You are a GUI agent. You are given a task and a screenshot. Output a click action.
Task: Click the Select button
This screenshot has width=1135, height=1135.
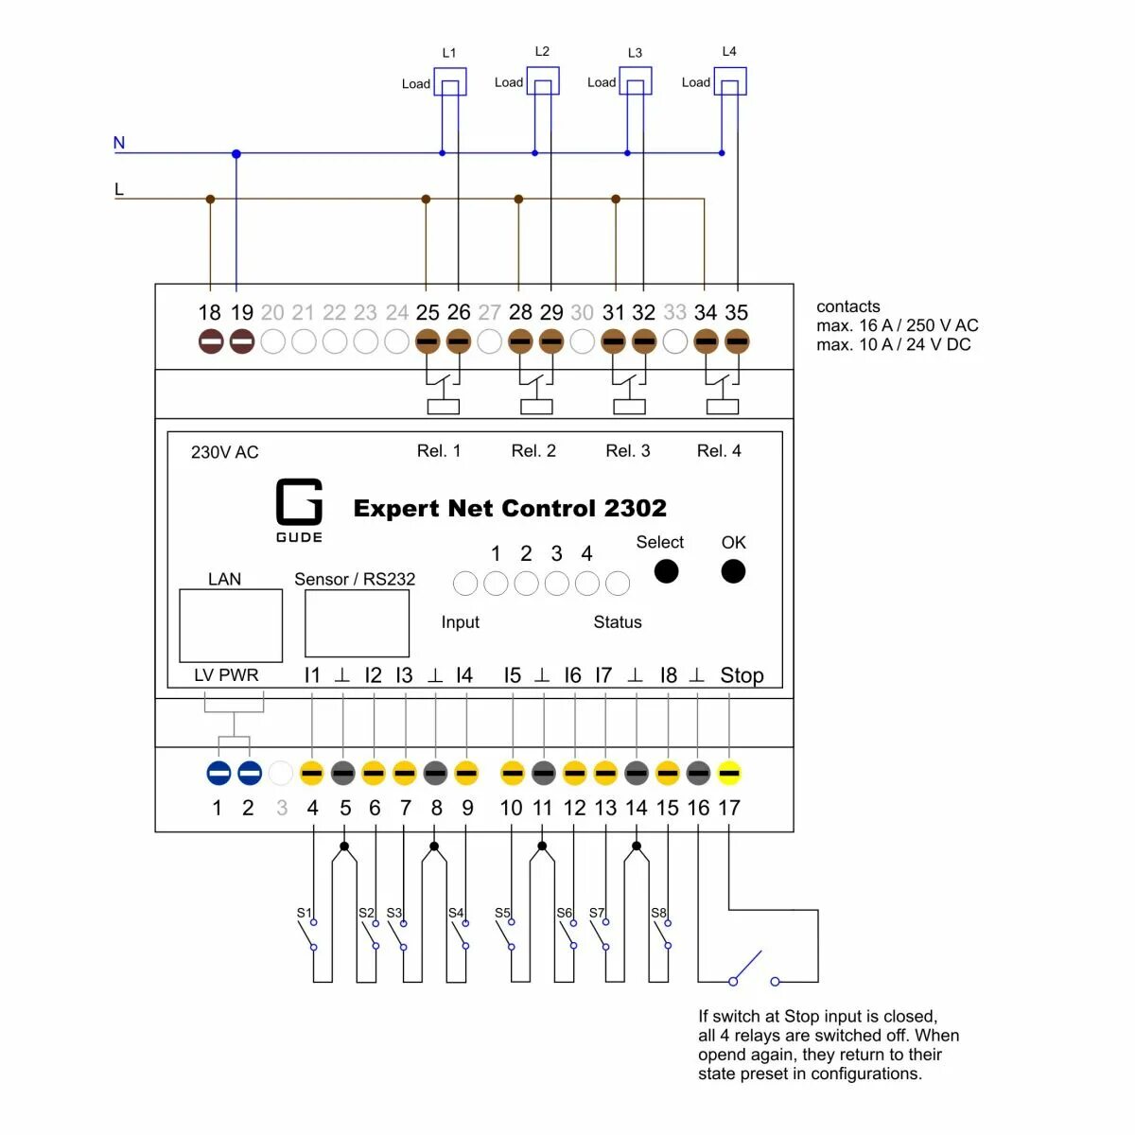point(666,570)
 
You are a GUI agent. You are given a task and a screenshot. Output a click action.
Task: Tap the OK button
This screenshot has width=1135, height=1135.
point(733,570)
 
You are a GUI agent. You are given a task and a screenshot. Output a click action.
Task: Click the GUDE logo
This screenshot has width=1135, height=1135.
point(299,510)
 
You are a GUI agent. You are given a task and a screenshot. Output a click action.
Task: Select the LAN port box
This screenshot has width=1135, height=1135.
point(231,625)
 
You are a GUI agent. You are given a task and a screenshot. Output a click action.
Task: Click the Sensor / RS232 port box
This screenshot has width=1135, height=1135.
point(357,623)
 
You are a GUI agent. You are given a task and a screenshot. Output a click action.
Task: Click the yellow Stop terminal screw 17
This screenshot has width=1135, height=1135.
point(728,774)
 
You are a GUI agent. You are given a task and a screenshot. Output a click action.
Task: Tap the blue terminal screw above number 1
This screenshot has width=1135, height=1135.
point(218,774)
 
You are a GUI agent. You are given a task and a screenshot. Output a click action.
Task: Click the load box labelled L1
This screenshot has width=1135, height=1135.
point(449,81)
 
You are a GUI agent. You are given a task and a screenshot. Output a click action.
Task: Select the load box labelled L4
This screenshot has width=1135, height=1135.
point(729,80)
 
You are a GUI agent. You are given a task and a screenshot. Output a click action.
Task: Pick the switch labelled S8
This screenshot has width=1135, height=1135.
point(662,933)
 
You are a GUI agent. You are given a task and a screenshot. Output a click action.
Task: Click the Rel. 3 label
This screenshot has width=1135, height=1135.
point(628,451)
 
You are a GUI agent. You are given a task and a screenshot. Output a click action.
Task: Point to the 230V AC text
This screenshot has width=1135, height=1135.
point(224,452)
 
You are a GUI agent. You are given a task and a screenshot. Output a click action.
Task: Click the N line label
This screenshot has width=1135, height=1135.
point(119,143)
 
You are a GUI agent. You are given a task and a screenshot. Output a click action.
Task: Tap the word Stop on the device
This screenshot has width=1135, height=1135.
point(742,675)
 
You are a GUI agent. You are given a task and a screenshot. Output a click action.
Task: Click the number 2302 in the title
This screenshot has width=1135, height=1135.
point(636,508)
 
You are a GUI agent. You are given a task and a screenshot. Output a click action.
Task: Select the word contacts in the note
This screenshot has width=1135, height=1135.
point(847,306)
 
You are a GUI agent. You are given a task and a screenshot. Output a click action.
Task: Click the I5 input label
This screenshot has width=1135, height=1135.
point(512,675)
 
